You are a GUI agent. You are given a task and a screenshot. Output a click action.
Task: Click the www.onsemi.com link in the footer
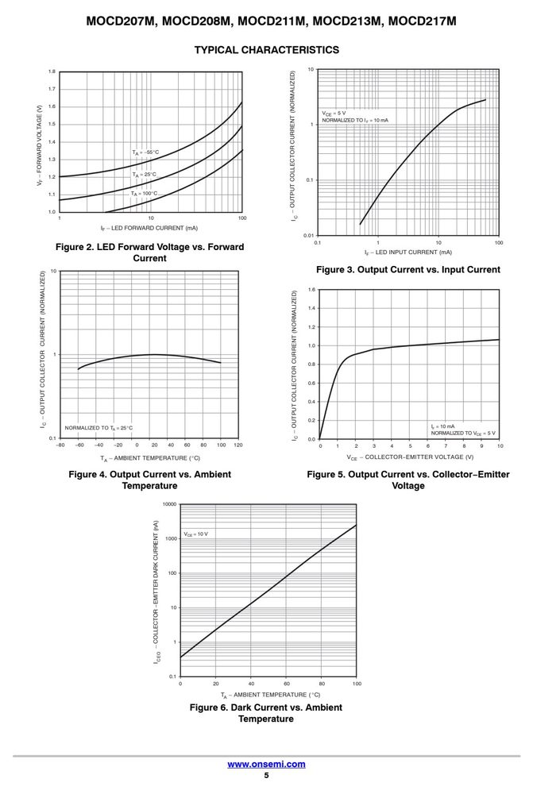tap(266, 764)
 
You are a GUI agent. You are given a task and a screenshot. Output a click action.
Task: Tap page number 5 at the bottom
tap(267, 775)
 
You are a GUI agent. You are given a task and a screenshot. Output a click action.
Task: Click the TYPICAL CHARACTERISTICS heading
tap(267, 49)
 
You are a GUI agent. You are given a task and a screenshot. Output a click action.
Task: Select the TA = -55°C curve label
tap(145, 152)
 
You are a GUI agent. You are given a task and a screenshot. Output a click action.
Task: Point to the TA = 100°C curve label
tap(145, 194)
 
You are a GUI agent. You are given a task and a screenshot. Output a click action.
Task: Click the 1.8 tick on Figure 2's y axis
tap(52, 71)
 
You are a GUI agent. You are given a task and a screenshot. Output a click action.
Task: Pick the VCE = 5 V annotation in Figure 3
tap(334, 114)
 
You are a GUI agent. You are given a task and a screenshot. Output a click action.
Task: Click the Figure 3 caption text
tap(407, 269)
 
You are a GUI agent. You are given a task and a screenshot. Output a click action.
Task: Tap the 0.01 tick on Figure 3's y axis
tap(308, 236)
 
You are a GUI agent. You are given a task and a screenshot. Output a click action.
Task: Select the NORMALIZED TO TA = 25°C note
tap(98, 428)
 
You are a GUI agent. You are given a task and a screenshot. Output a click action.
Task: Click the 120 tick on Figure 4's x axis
tap(238, 445)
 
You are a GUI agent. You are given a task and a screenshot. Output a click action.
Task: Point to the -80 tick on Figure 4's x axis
tap(60, 445)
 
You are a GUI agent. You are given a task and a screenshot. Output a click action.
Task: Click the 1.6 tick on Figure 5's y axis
tap(311, 290)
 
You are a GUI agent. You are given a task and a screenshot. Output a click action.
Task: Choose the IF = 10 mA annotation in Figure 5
tap(442, 426)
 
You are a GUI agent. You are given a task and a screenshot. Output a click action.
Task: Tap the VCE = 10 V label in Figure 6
tap(195, 534)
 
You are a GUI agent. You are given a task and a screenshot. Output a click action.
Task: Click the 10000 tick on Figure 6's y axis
tap(170, 504)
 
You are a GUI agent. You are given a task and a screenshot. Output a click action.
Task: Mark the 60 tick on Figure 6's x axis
tap(286, 684)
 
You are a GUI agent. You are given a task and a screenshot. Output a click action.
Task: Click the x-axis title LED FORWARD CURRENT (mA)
tap(149, 228)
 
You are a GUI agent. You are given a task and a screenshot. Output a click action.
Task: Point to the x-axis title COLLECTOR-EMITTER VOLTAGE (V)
tap(411, 457)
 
